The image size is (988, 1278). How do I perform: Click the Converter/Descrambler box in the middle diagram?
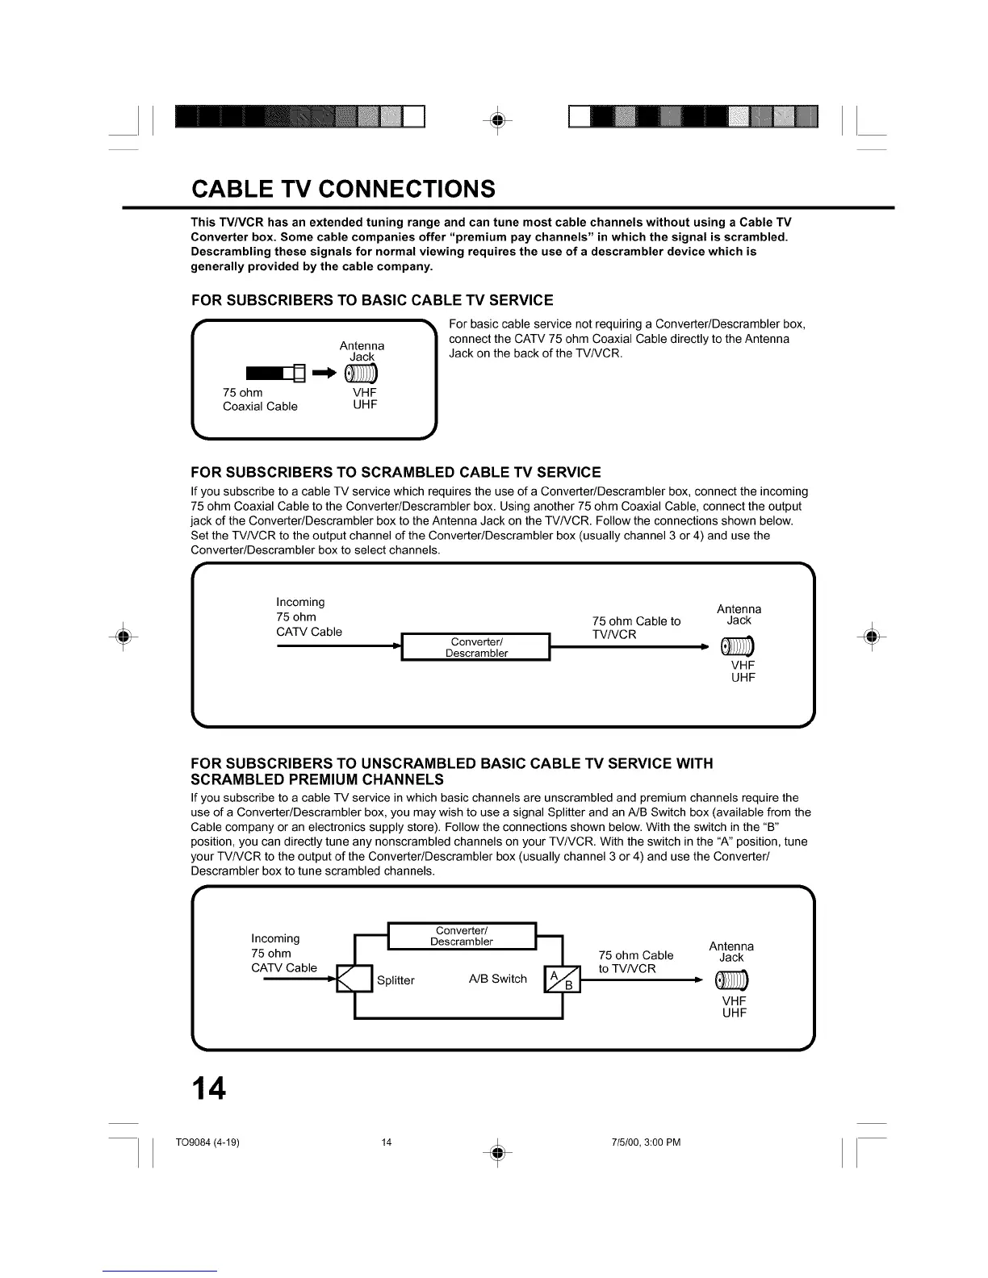(x=476, y=647)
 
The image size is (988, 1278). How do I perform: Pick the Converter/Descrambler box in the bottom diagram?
(x=462, y=936)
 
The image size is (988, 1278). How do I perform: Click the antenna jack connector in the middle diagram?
(x=738, y=646)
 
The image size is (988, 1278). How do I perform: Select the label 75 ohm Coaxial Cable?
(x=260, y=399)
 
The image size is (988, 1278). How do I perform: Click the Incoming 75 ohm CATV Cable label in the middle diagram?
(x=308, y=617)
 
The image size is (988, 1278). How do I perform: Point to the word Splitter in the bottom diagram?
(x=396, y=980)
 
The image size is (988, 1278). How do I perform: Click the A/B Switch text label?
(x=497, y=979)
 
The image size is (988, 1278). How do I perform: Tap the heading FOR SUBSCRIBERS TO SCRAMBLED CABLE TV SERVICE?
(x=396, y=472)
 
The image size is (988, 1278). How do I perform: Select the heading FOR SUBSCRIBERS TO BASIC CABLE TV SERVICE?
(x=372, y=301)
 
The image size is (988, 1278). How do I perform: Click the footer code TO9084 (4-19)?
(x=207, y=1142)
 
